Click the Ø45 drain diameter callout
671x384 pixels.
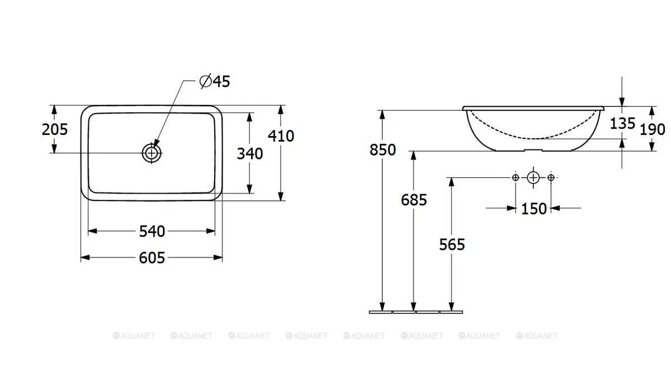tap(215, 81)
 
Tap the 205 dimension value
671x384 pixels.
tap(55, 129)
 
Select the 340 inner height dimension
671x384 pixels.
tap(250, 153)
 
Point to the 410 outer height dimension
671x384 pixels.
tap(281, 136)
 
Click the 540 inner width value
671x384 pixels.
tap(152, 231)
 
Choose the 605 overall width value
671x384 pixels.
tap(152, 257)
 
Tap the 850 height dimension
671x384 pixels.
tap(382, 149)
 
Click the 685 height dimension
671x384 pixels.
tap(414, 200)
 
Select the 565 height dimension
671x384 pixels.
tap(452, 244)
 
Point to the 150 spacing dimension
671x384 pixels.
tap(534, 209)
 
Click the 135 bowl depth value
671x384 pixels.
tap(622, 123)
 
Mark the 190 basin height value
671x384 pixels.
tap(653, 129)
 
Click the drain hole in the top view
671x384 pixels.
tap(152, 153)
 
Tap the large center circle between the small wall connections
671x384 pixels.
tap(533, 178)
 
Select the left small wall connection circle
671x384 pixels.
tap(516, 178)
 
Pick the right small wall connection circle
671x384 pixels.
tap(551, 178)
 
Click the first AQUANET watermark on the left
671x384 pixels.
tap(134, 336)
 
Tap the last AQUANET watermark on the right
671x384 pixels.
tap(537, 336)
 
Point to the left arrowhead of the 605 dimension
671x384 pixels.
tap(86, 257)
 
